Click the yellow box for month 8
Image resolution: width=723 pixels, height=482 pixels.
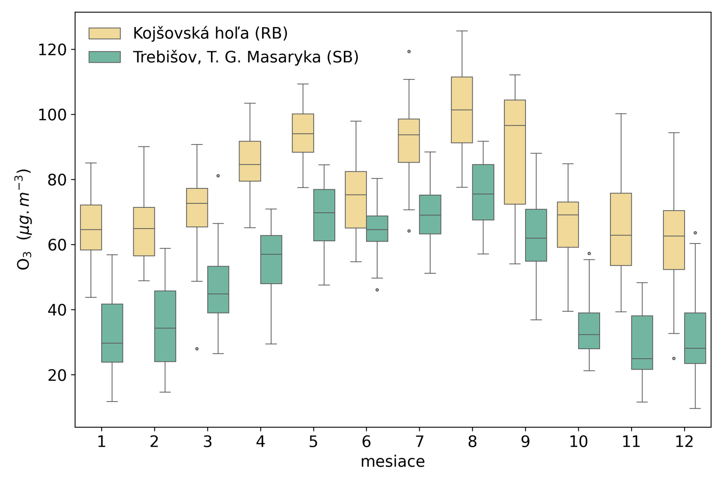(462, 110)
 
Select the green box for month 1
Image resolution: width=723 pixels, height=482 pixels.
(112, 333)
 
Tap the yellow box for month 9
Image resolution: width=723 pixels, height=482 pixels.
(515, 152)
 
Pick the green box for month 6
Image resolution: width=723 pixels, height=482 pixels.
(377, 229)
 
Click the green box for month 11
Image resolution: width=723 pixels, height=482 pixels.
(642, 342)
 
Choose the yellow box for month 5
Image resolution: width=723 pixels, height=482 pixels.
(303, 133)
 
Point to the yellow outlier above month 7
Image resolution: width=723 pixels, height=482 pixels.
(409, 51)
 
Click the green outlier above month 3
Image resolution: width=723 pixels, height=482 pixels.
(218, 176)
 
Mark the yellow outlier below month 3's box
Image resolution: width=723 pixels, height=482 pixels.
(197, 349)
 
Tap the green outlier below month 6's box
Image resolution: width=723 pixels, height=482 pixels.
(377, 290)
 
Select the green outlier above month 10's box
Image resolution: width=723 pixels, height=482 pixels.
(589, 253)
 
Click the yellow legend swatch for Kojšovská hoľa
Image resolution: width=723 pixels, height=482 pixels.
(104, 33)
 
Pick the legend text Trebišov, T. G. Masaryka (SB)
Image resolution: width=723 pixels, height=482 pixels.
(245, 57)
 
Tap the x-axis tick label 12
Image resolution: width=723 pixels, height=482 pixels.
(684, 442)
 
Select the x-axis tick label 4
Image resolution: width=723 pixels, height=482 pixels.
(260, 442)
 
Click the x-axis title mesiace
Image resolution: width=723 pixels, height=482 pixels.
(392, 462)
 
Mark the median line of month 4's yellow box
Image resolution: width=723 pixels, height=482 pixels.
(250, 164)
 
